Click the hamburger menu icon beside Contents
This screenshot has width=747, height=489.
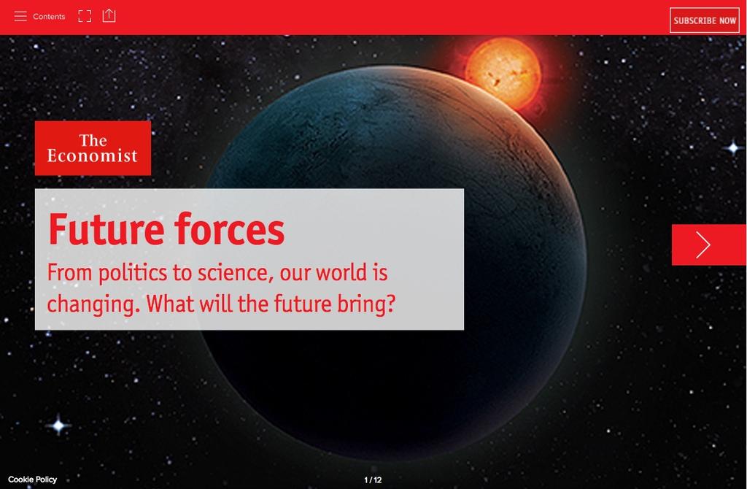pyautogui.click(x=20, y=16)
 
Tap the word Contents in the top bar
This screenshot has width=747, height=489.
pyautogui.click(x=49, y=16)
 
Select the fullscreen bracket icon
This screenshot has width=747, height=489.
pyautogui.click(x=85, y=16)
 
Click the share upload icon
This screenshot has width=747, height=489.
pyautogui.click(x=109, y=15)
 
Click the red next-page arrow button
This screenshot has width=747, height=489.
pyautogui.click(x=709, y=244)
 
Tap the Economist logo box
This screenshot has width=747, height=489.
pyautogui.click(x=93, y=147)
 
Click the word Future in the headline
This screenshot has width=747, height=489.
pyautogui.click(x=107, y=229)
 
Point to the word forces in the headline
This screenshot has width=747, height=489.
pyautogui.click(x=229, y=229)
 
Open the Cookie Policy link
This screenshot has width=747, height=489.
pyautogui.click(x=32, y=480)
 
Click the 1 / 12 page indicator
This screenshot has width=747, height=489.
pyautogui.click(x=373, y=480)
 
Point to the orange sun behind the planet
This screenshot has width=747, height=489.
pyautogui.click(x=503, y=73)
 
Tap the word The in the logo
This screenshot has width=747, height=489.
pyautogui.click(x=93, y=140)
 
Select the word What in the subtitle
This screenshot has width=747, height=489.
pyautogui.click(x=170, y=304)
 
